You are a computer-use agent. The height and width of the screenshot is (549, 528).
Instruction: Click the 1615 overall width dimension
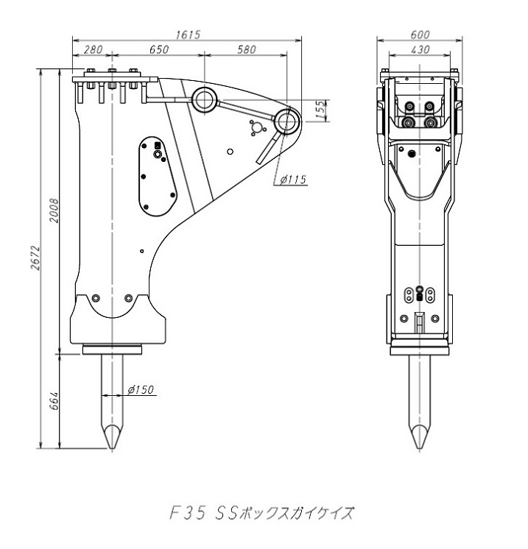point(188,35)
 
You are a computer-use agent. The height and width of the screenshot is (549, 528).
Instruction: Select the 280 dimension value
point(94,49)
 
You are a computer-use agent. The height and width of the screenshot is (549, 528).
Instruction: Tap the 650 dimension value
point(159,49)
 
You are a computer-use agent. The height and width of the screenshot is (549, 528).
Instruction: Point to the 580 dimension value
point(247,49)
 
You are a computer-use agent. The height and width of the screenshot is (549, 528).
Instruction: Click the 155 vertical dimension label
point(320,110)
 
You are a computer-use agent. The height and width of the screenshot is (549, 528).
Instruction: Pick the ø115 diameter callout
point(293,180)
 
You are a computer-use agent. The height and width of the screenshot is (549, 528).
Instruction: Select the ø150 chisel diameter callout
point(141,389)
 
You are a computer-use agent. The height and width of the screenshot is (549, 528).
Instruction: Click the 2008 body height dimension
point(54,210)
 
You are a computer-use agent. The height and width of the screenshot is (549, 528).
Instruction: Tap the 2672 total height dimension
point(35,258)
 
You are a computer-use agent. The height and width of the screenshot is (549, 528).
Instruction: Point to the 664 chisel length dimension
point(54,401)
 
